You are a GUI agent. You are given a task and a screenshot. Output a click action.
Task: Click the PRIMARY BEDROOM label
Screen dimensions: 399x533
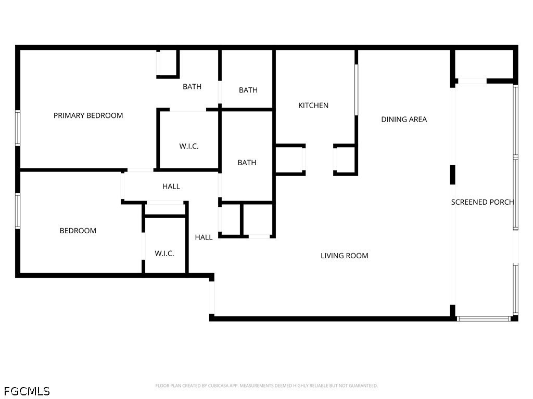click(88, 115)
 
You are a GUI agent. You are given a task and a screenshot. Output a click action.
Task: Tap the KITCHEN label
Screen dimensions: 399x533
click(313, 105)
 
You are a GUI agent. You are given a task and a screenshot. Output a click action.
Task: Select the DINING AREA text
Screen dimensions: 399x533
click(404, 119)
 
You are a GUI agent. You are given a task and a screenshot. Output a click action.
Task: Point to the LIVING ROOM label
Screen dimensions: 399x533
click(344, 256)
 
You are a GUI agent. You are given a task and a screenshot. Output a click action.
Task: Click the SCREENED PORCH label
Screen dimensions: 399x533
click(482, 202)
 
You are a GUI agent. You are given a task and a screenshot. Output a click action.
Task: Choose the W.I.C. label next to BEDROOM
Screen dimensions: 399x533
click(164, 254)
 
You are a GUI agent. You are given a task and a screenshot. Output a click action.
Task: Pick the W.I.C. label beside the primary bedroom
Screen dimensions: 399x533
click(188, 147)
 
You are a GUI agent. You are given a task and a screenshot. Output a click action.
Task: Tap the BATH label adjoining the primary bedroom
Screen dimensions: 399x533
click(192, 87)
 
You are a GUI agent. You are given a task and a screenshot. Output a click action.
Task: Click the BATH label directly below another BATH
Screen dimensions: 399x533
click(247, 163)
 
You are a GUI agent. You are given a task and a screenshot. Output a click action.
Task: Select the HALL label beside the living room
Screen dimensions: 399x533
click(204, 237)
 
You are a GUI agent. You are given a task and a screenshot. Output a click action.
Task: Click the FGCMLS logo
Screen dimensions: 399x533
click(27, 391)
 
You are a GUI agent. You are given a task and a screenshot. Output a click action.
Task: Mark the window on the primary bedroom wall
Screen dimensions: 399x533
click(18, 128)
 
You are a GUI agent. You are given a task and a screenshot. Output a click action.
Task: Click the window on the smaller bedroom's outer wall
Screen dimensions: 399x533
click(18, 211)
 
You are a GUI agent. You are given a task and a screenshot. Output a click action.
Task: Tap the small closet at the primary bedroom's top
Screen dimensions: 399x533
click(167, 63)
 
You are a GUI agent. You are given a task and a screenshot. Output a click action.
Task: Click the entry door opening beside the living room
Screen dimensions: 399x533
click(212, 296)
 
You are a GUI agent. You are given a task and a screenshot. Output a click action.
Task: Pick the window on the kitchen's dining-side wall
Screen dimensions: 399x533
click(357, 89)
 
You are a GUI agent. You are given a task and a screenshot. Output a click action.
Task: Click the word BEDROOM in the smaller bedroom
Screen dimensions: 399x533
click(78, 231)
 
